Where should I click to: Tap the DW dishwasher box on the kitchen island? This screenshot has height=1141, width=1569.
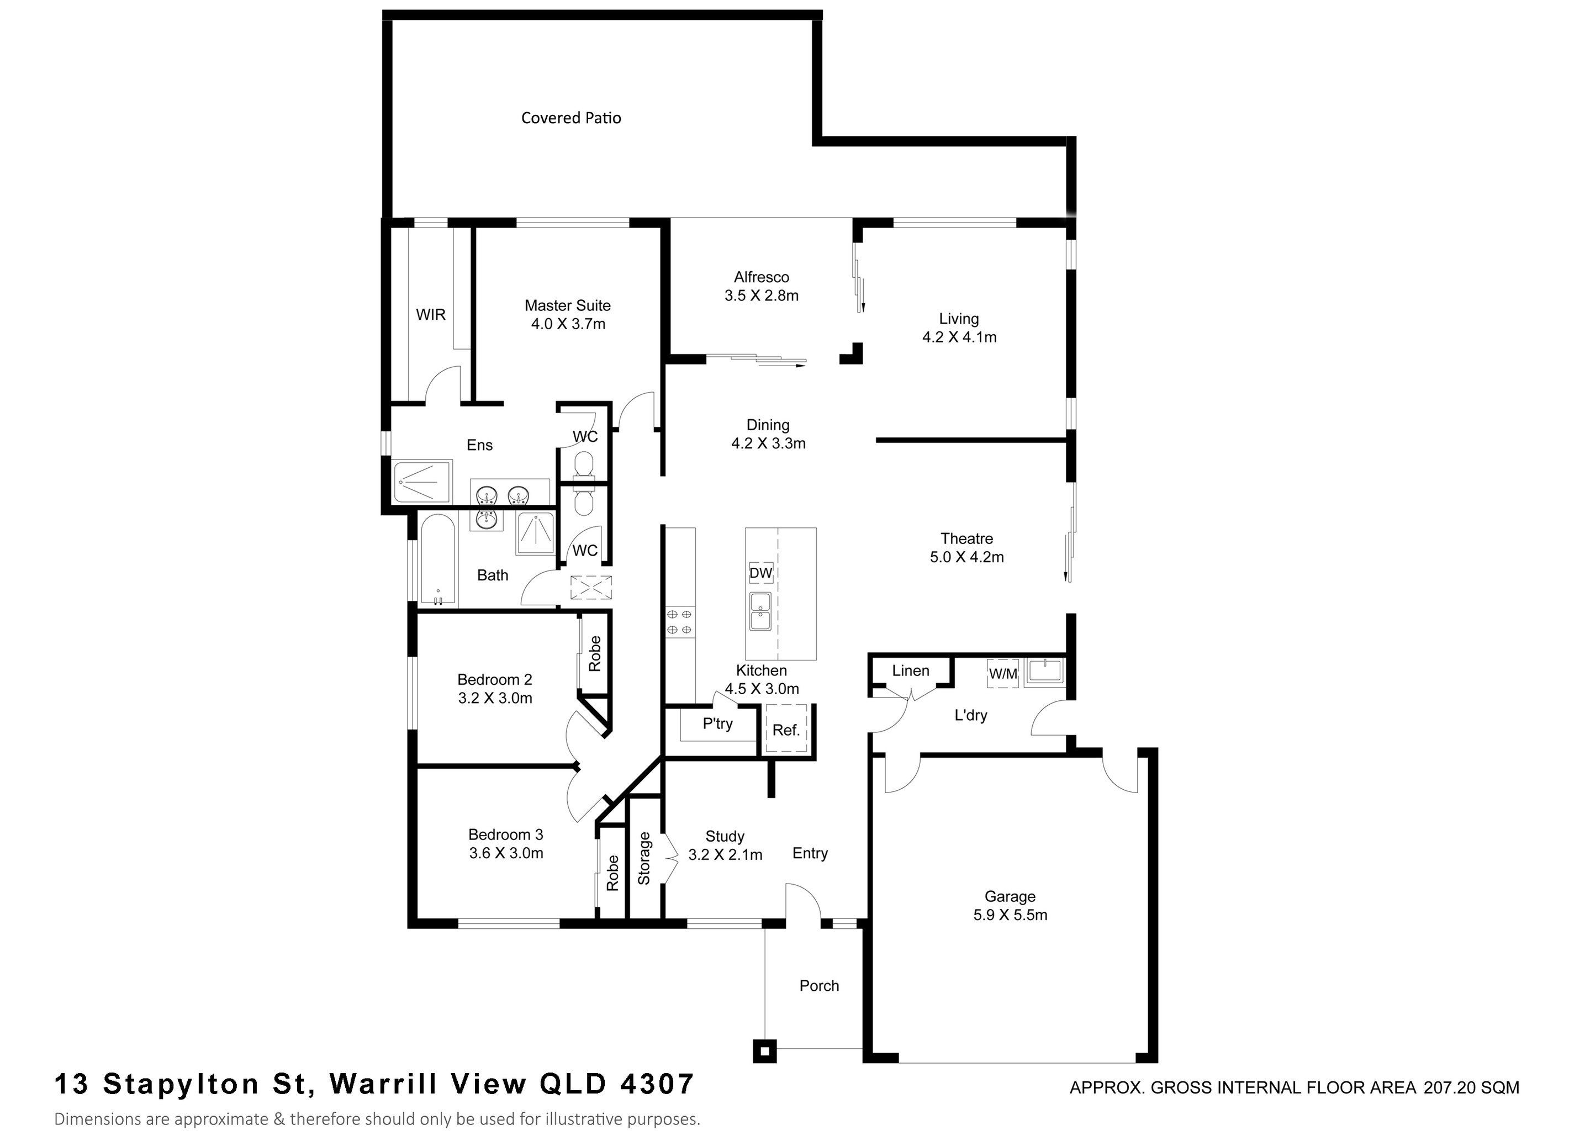pos(760,573)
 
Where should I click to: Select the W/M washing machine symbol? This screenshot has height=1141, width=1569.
pos(1002,674)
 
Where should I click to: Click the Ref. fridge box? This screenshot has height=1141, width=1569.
pos(786,730)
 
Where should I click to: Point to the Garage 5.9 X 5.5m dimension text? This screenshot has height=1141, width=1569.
pos(1010,916)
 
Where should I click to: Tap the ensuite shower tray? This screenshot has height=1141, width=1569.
pos(421,481)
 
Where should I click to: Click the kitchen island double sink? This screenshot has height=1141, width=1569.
pos(760,612)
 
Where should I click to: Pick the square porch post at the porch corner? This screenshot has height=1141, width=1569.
pos(764,1052)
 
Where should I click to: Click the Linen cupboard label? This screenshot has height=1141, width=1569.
pos(910,670)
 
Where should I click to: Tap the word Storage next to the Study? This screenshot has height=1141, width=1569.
pos(644,858)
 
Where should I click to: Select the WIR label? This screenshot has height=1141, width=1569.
pos(430,315)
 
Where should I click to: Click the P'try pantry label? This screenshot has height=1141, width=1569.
pos(717,724)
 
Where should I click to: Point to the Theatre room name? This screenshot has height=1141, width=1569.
pos(966,538)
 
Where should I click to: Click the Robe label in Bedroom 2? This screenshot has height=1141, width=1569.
pos(594,653)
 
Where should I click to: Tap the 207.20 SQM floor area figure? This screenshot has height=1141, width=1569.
pos(1471,1088)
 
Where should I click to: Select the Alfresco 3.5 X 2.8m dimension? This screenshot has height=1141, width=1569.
pos(761,296)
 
